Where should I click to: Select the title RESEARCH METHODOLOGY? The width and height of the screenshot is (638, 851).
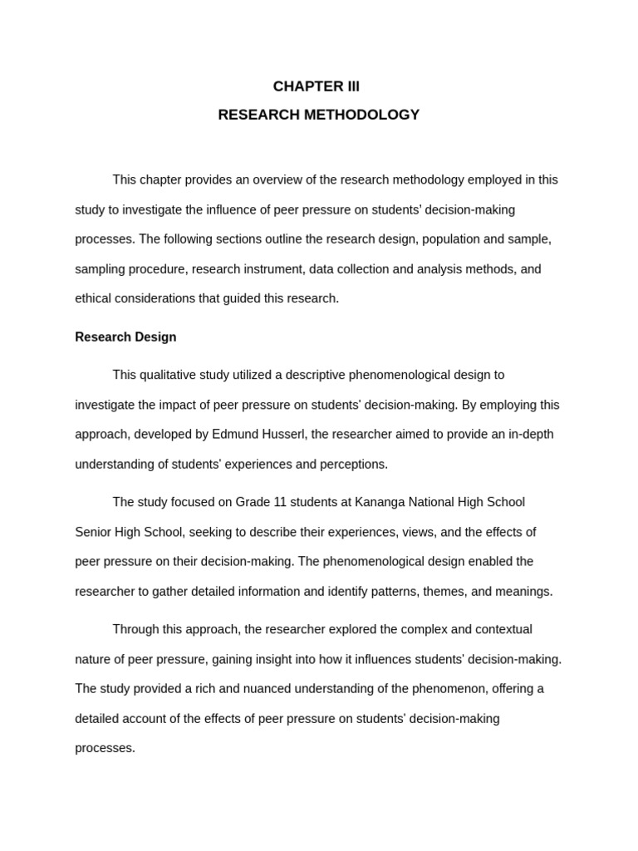tap(318, 115)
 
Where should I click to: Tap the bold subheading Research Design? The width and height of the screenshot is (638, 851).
tap(125, 337)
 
